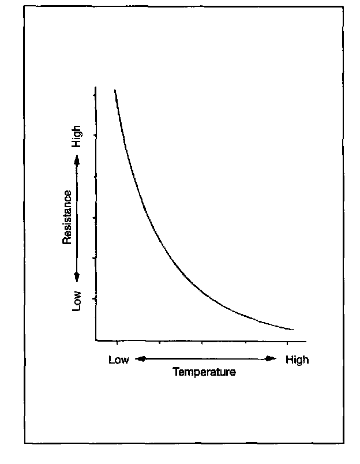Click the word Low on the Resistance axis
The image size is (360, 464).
(x=77, y=301)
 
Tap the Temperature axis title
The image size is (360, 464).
(x=204, y=372)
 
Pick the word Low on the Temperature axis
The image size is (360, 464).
(x=118, y=360)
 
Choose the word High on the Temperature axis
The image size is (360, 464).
(x=297, y=360)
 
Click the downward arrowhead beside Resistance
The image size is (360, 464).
(x=77, y=276)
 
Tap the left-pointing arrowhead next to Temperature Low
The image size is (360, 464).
(x=138, y=360)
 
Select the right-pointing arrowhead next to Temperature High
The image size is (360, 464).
(x=272, y=360)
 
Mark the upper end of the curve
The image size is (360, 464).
(x=115, y=90)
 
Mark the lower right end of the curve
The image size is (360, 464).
(x=293, y=330)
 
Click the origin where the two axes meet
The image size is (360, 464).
(x=96, y=341)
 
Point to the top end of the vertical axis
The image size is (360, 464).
(x=96, y=88)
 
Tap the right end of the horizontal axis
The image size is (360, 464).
(x=306, y=341)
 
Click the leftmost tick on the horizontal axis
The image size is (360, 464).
(x=117, y=342)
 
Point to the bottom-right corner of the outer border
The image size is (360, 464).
(x=344, y=443)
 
